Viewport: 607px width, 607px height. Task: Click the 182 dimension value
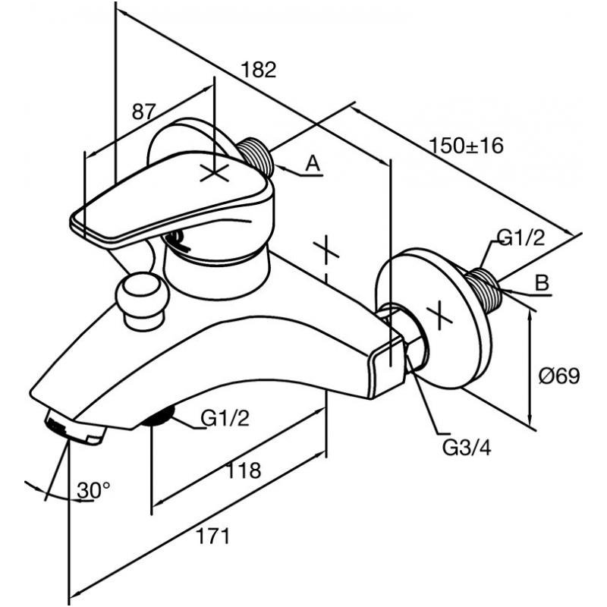click(259, 70)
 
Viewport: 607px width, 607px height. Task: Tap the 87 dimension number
click(144, 112)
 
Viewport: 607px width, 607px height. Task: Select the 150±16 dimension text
click(467, 146)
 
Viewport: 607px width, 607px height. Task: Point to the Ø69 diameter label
click(560, 376)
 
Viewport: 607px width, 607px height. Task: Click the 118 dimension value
click(243, 470)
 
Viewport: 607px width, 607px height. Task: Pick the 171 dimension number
click(213, 536)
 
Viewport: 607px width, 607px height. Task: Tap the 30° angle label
click(93, 490)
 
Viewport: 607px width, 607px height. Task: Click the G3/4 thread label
click(467, 448)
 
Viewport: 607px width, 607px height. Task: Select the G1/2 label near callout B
click(521, 237)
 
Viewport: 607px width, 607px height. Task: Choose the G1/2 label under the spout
click(225, 418)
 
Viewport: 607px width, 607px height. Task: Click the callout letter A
click(313, 163)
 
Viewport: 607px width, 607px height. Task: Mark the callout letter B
click(542, 282)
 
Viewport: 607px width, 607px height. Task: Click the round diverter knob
click(143, 300)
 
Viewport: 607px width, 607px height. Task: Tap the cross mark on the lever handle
click(214, 172)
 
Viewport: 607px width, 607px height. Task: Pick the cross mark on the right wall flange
click(439, 316)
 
